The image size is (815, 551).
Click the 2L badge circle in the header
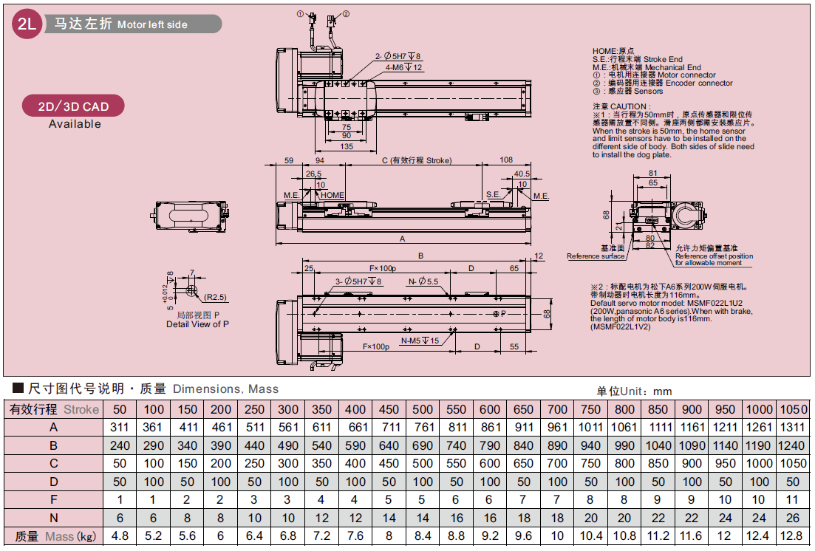click(27, 24)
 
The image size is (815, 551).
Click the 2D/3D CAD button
click(73, 106)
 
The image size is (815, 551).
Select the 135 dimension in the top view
click(346, 146)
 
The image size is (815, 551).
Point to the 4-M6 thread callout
click(403, 67)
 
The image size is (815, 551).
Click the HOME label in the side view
click(333, 195)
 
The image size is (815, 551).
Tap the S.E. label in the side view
click(494, 195)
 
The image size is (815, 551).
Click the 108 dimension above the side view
click(506, 160)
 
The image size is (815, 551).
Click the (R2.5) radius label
click(216, 297)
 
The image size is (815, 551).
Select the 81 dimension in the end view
click(652, 173)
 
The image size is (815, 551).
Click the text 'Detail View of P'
click(197, 324)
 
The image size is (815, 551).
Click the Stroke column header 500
click(423, 409)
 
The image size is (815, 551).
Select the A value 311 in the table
click(120, 427)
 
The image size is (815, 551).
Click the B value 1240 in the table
click(793, 445)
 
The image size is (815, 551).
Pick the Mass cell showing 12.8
click(793, 536)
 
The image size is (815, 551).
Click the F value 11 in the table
click(793, 500)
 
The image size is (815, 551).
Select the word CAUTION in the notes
click(628, 106)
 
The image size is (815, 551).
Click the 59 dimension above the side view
click(289, 160)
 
